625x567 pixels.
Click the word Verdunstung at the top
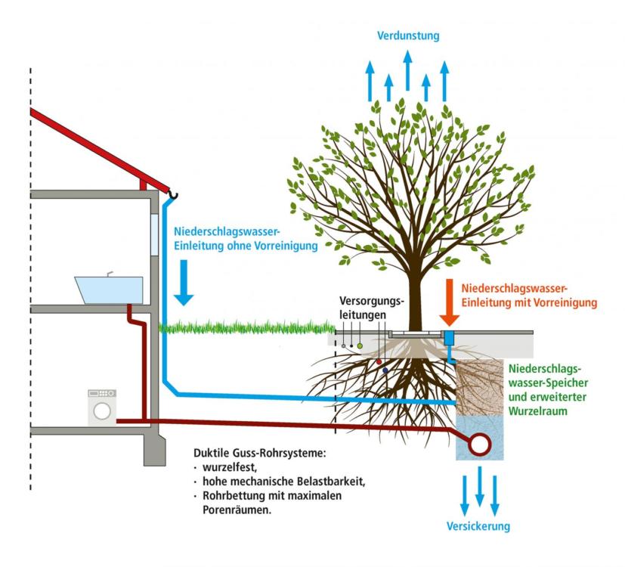click(408, 36)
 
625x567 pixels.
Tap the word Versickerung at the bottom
click(478, 526)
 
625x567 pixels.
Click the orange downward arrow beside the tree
click(450, 302)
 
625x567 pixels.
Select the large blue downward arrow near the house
click(184, 283)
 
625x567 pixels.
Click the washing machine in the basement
click(102, 407)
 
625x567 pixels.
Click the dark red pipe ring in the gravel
click(479, 445)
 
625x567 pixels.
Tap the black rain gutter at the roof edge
click(172, 194)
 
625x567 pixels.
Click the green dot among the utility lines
click(360, 345)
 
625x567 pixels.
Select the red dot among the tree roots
click(379, 362)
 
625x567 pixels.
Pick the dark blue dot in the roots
click(385, 370)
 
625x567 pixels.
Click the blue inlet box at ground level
click(449, 338)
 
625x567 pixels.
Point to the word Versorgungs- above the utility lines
click(372, 301)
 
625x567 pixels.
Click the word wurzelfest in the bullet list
click(230, 467)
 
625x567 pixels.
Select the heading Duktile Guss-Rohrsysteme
click(260, 453)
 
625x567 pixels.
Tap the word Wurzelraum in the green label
click(537, 411)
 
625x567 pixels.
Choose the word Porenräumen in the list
click(237, 510)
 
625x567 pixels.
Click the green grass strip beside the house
click(247, 328)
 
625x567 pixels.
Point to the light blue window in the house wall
click(154, 234)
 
